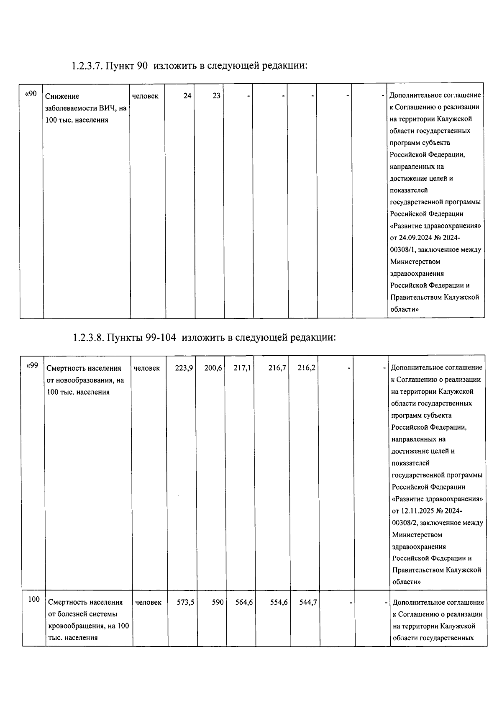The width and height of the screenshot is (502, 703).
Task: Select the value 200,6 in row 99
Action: pos(213,368)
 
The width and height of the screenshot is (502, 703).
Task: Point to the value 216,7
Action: pos(277,368)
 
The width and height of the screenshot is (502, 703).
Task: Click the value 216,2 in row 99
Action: pos(307,368)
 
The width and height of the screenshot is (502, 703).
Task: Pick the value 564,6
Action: pos(244,602)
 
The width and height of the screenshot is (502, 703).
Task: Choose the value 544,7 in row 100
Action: pos(308,602)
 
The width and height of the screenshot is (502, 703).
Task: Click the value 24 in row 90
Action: pos(187,96)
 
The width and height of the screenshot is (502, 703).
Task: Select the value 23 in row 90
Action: pos(216,96)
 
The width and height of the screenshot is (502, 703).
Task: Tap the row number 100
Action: pos(34,599)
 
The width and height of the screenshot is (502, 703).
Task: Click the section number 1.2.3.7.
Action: pos(87,66)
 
